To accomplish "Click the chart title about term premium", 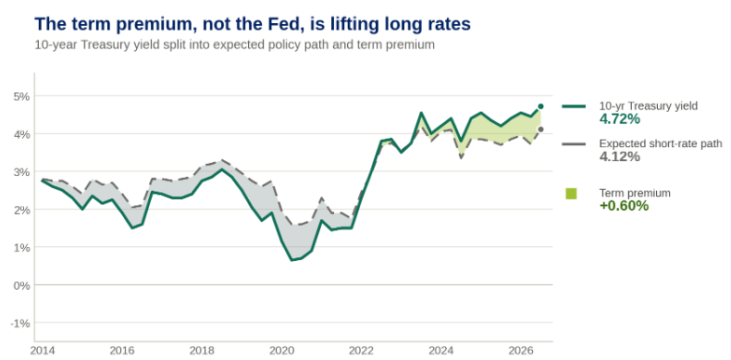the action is click(x=253, y=24).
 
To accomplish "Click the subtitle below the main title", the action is click(x=234, y=45).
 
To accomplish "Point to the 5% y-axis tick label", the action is click(x=21, y=96).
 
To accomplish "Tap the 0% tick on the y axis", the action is click(x=21, y=285).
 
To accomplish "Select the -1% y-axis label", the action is click(x=19, y=323).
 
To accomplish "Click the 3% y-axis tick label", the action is click(x=21, y=172).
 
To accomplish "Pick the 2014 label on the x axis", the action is click(x=42, y=350).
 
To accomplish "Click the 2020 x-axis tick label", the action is click(x=281, y=350).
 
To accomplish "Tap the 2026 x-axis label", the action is click(x=521, y=350).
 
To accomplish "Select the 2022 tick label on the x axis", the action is click(x=361, y=350).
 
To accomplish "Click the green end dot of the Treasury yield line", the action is click(x=540, y=106).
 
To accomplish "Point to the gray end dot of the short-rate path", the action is click(x=540, y=130).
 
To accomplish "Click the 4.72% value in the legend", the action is click(x=620, y=118).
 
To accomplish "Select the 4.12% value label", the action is click(x=620, y=156).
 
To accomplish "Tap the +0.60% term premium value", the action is click(x=624, y=205).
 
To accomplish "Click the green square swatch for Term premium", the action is click(x=571, y=193).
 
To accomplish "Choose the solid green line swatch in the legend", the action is click(x=574, y=106).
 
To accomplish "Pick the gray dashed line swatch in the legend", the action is click(x=574, y=144).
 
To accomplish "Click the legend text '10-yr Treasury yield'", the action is click(x=649, y=106).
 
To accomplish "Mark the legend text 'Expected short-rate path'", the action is click(x=661, y=143).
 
